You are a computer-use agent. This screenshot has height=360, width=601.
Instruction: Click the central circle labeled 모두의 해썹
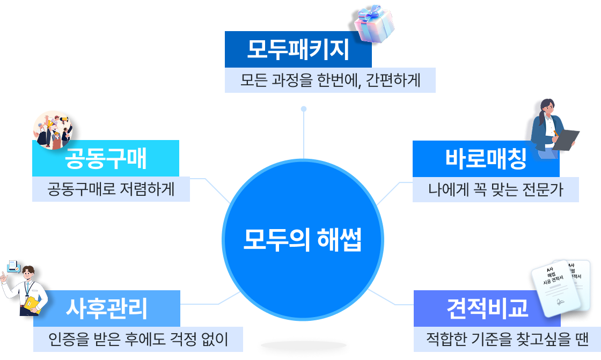click(x=303, y=240)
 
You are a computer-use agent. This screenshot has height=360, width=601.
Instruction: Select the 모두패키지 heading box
click(x=298, y=50)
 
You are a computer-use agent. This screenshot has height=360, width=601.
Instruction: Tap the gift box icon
click(x=375, y=23)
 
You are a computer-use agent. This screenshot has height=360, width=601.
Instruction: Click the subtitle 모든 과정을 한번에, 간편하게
click(x=329, y=80)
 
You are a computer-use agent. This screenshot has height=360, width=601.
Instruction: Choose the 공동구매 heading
click(x=106, y=158)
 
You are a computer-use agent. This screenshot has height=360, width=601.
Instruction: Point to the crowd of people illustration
click(x=53, y=129)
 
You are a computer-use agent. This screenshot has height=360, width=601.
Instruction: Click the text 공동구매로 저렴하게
click(x=111, y=189)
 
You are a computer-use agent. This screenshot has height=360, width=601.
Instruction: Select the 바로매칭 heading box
click(x=486, y=159)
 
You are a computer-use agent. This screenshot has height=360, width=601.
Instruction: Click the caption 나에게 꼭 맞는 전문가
click(x=495, y=190)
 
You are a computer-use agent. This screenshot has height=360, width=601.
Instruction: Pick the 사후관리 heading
click(x=106, y=308)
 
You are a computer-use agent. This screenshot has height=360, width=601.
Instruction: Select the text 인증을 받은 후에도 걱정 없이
click(x=138, y=339)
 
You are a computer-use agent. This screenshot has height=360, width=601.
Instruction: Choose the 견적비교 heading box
click(x=487, y=308)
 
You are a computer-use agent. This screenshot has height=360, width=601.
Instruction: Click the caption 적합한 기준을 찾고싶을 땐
click(x=507, y=339)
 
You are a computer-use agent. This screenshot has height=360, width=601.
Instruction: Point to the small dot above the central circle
click(x=304, y=109)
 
